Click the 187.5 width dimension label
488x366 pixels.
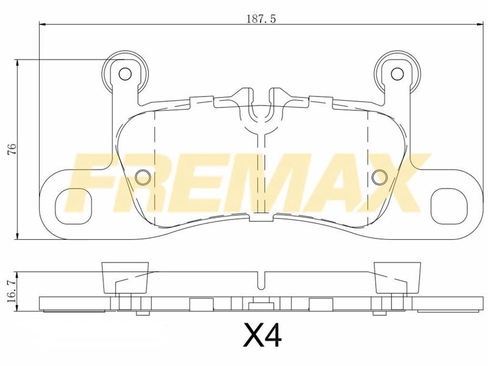(261, 19)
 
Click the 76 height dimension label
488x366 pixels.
(12, 149)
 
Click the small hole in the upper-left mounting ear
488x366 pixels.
(125, 74)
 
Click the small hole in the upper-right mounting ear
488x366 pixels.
(397, 74)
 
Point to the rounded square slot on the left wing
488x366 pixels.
(74, 206)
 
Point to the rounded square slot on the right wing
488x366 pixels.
(449, 206)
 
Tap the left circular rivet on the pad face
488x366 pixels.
(143, 178)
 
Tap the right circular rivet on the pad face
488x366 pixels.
(379, 178)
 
